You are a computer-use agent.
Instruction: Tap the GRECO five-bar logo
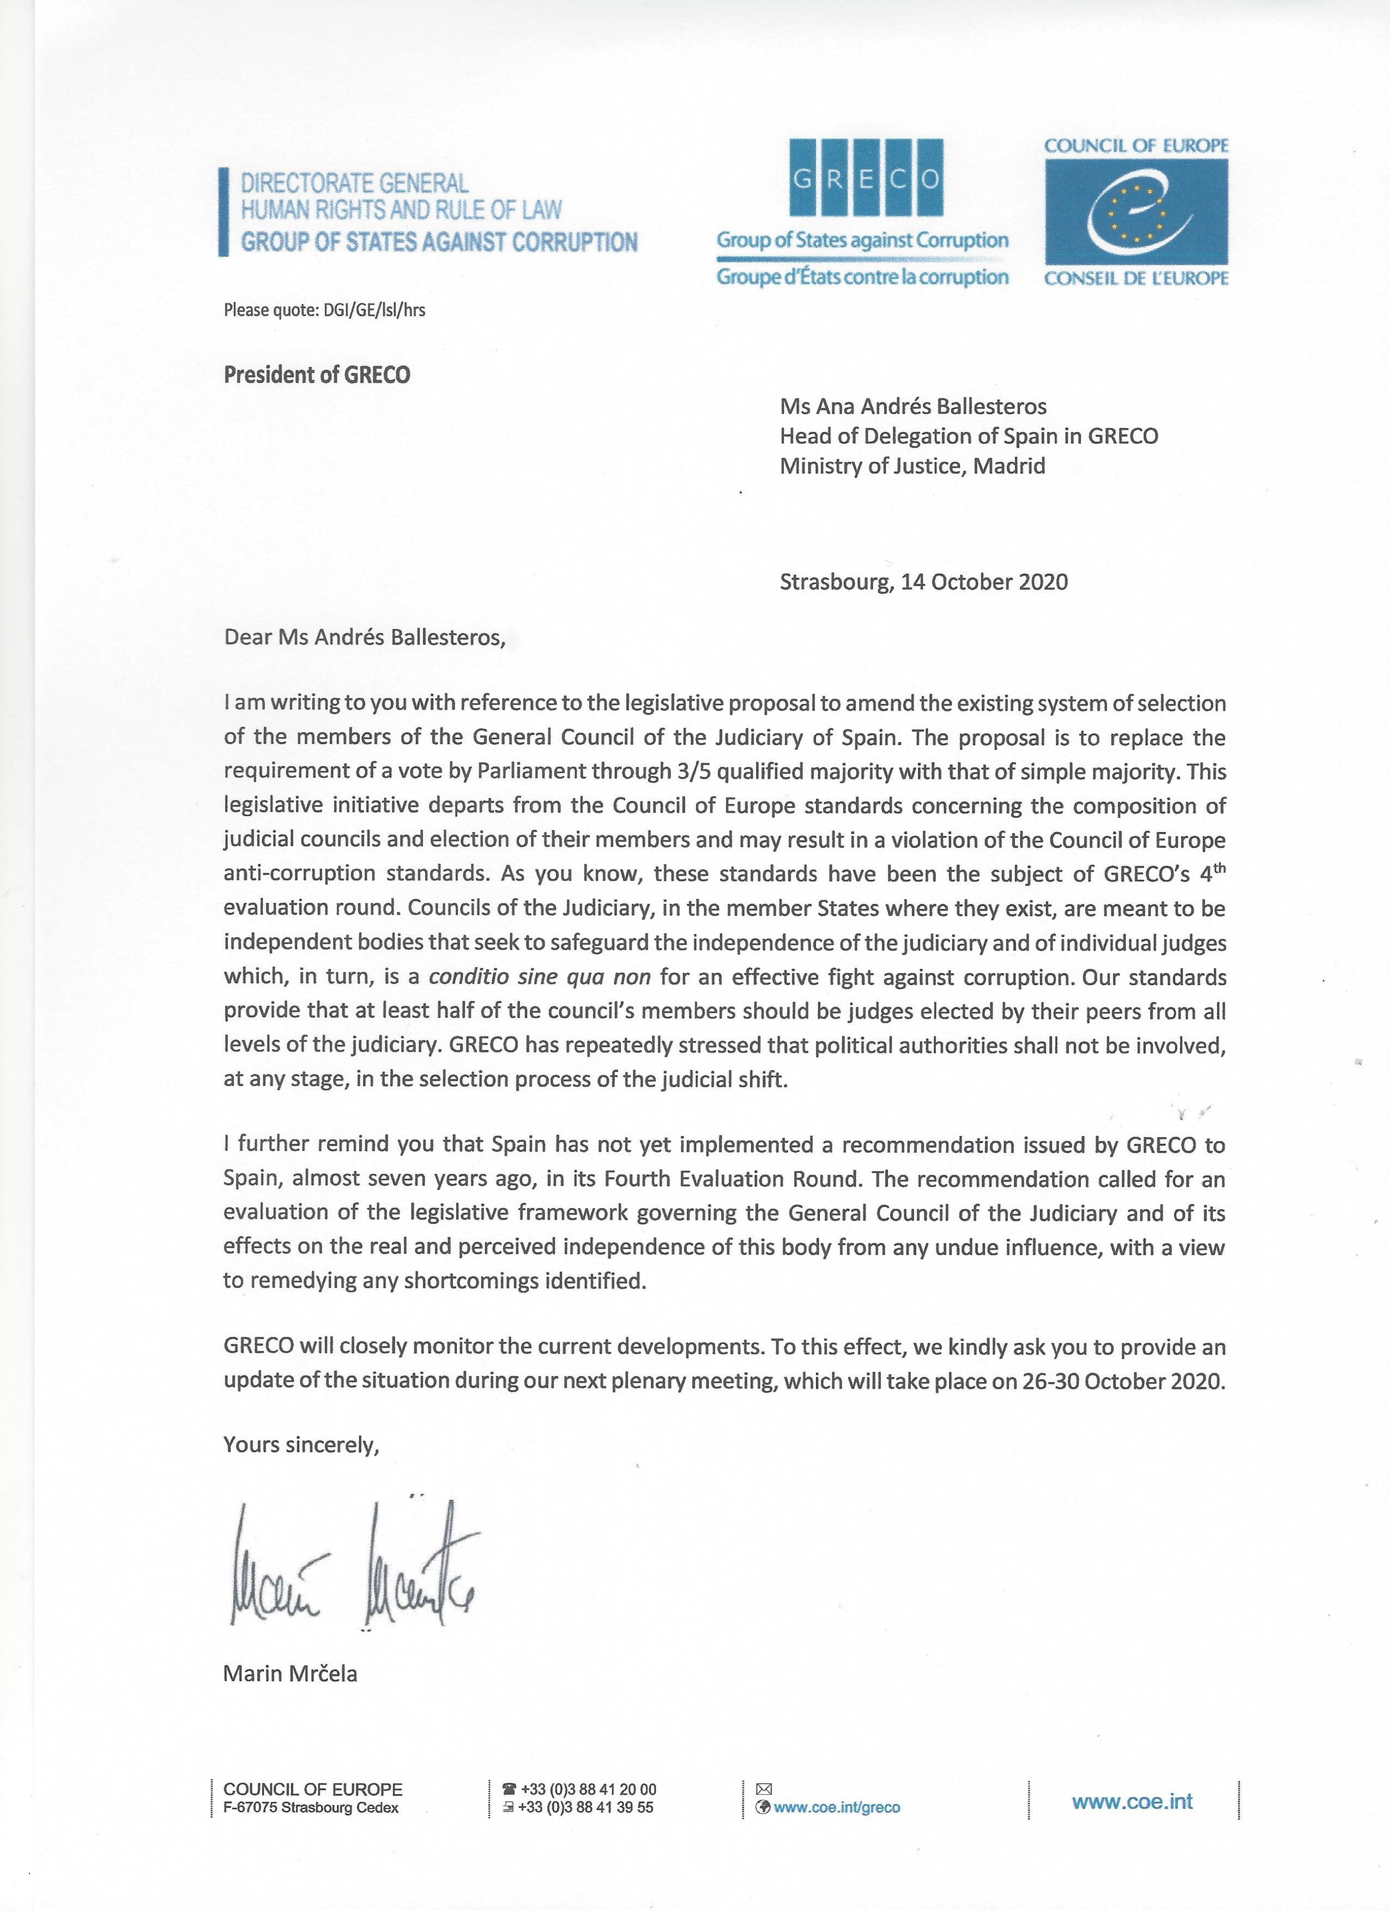(865, 178)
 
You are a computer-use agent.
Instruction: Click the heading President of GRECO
(317, 375)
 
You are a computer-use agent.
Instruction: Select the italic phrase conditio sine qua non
(540, 977)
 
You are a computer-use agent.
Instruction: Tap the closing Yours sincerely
(301, 1445)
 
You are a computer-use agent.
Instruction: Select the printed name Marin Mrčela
(290, 1673)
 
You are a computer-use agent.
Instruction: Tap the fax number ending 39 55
(588, 1807)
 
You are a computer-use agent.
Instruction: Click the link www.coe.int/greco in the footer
(836, 1807)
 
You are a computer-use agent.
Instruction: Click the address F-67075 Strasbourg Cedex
(311, 1807)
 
